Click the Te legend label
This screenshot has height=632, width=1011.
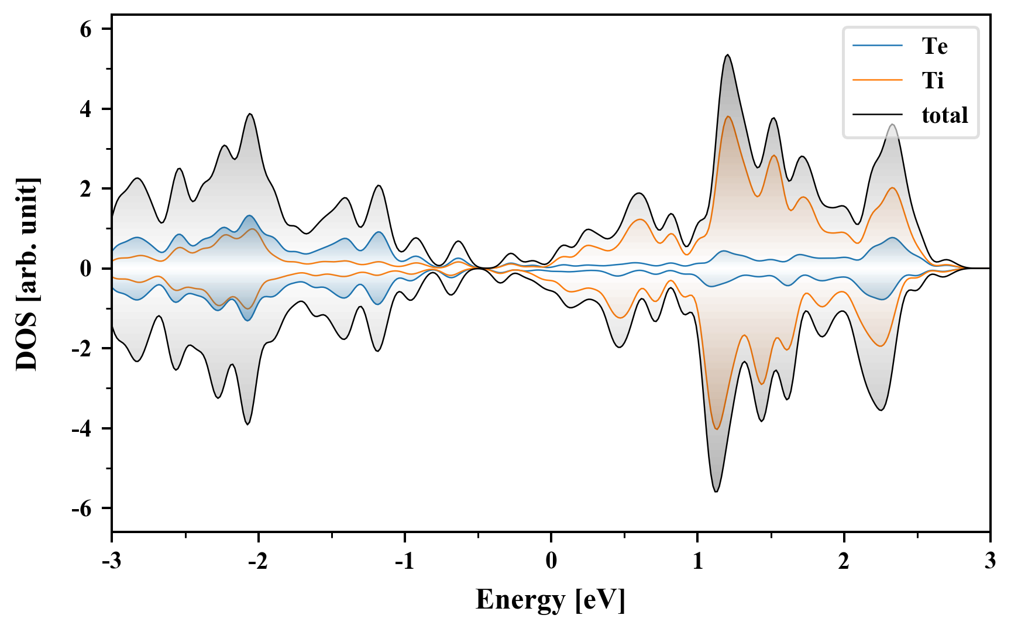pos(934,46)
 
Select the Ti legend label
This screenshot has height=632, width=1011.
pos(933,80)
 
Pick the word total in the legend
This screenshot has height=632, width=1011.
pos(944,115)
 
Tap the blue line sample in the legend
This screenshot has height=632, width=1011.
pos(878,46)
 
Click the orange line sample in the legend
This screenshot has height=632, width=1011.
pos(878,80)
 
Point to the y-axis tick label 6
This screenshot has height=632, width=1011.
pos(86,29)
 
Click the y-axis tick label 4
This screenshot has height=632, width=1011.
pos(86,109)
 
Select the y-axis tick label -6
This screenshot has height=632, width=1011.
pos(82,509)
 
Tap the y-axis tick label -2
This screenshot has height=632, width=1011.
pos(82,349)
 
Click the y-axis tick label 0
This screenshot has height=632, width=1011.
pos(86,269)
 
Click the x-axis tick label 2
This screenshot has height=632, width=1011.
pos(844,561)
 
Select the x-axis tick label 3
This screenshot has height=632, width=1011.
pos(990,561)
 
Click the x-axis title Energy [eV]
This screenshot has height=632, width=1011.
pos(551,600)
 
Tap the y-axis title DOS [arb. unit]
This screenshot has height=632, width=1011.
pos(27,273)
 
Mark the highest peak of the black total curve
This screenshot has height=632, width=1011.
pos(727,55)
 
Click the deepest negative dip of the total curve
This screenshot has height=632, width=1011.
pos(716,491)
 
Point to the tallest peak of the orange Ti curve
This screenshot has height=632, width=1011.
pos(728,116)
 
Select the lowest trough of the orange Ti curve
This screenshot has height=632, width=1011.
pos(717,429)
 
